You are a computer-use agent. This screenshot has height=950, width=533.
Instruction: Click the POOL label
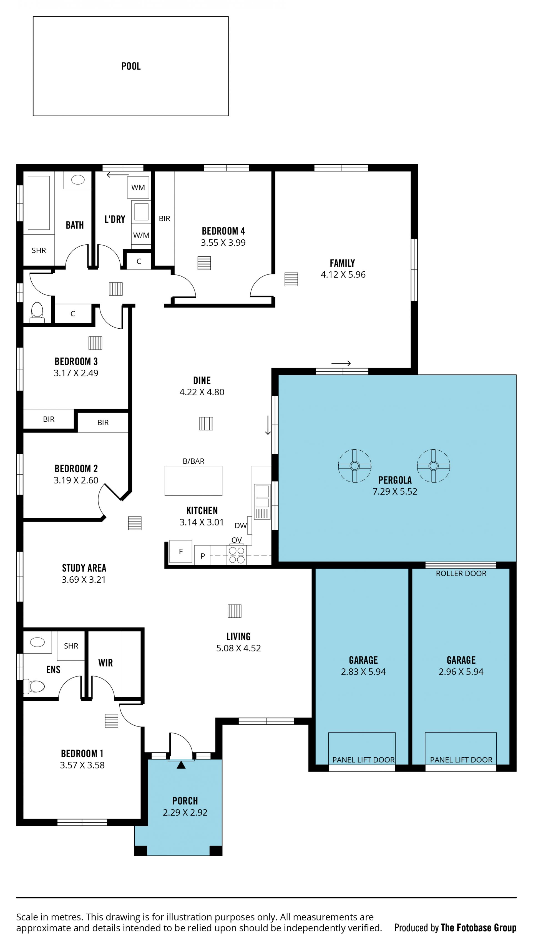pyautogui.click(x=131, y=66)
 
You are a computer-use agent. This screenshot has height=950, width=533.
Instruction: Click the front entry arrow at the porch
pyautogui.click(x=181, y=765)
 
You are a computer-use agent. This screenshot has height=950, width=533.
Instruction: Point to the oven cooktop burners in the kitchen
pyautogui.click(x=237, y=555)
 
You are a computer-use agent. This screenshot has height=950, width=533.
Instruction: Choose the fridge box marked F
pyautogui.click(x=180, y=551)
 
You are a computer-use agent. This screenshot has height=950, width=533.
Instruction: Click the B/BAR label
pyautogui.click(x=193, y=461)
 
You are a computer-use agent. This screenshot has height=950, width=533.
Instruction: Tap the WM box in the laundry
pyautogui.click(x=138, y=187)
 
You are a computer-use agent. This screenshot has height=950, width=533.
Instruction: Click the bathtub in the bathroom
pyautogui.click(x=39, y=203)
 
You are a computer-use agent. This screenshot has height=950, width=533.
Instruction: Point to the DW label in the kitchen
pyautogui.click(x=240, y=525)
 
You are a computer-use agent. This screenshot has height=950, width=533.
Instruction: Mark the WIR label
pyautogui.click(x=105, y=663)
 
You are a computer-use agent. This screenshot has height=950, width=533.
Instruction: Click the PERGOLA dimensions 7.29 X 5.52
pyautogui.click(x=395, y=491)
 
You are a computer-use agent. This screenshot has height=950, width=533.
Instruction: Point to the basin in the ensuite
pyautogui.click(x=37, y=642)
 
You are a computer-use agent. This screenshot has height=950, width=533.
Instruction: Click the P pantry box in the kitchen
pyautogui.click(x=202, y=555)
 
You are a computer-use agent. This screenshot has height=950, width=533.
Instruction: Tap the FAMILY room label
pyautogui.click(x=342, y=263)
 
